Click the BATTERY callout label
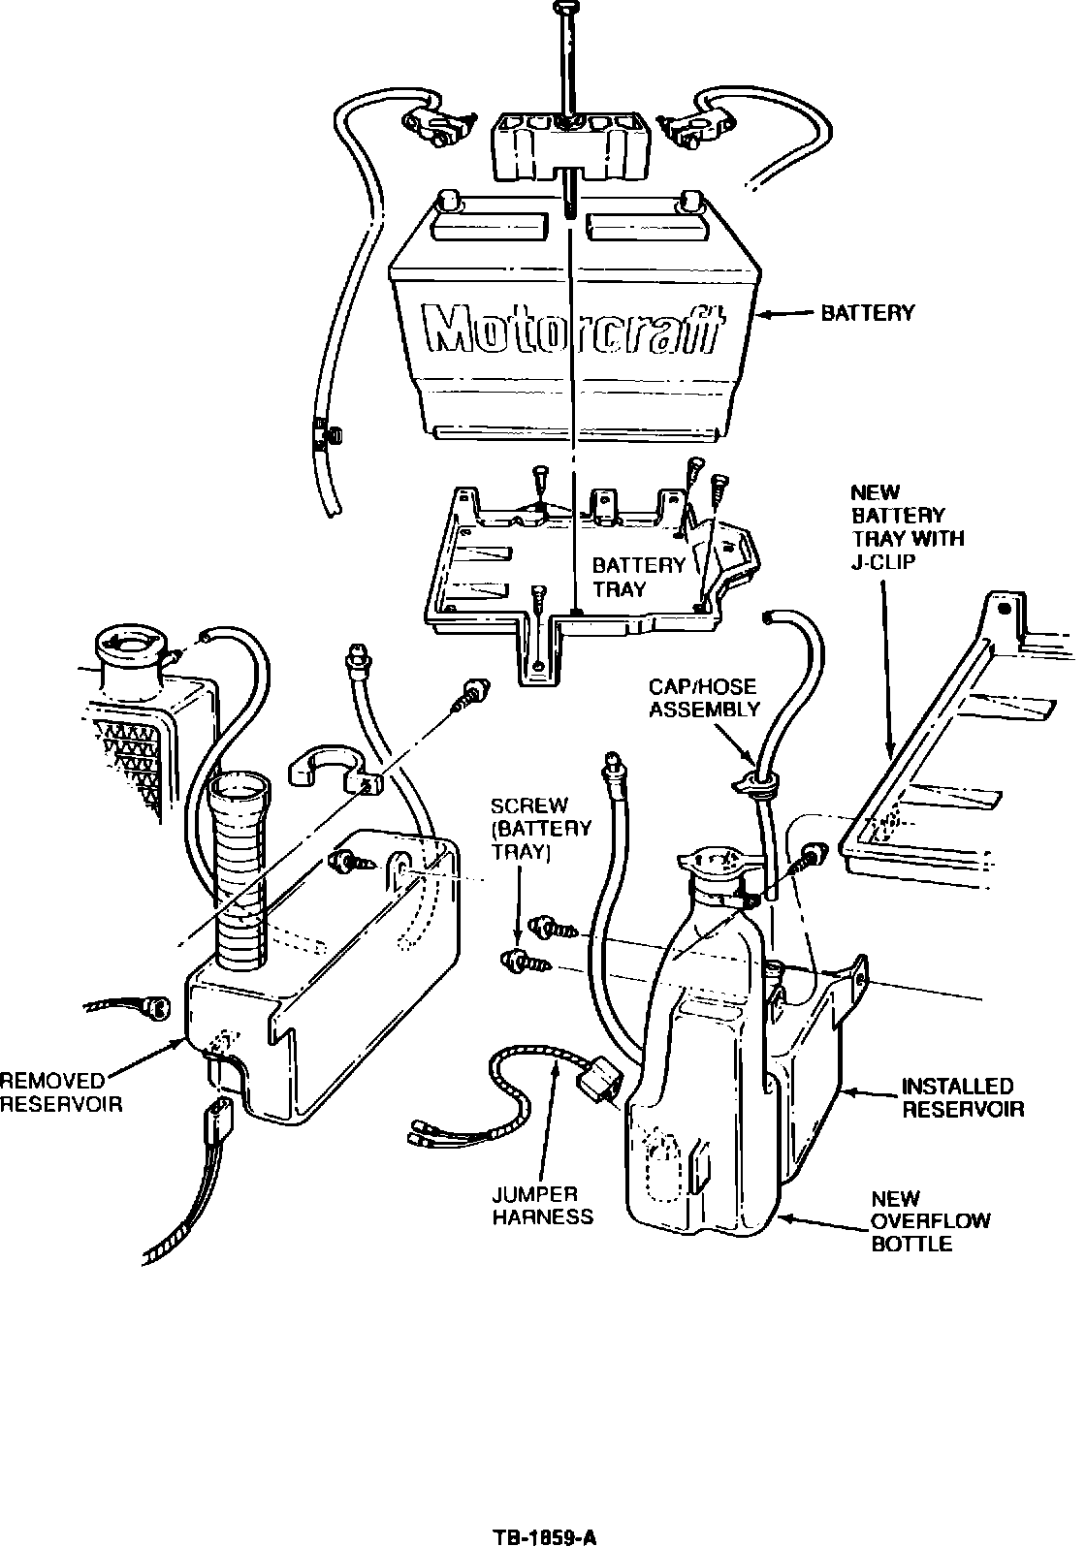[x=867, y=313]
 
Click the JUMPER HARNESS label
[x=542, y=1206]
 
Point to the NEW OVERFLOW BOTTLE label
[x=930, y=1220]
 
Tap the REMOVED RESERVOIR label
[x=61, y=1092]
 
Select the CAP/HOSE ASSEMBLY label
[x=704, y=697]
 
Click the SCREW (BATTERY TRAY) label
[x=540, y=829]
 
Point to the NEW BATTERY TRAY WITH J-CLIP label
[x=906, y=528]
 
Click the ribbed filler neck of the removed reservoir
[x=239, y=872]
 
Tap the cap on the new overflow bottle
[x=715, y=866]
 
